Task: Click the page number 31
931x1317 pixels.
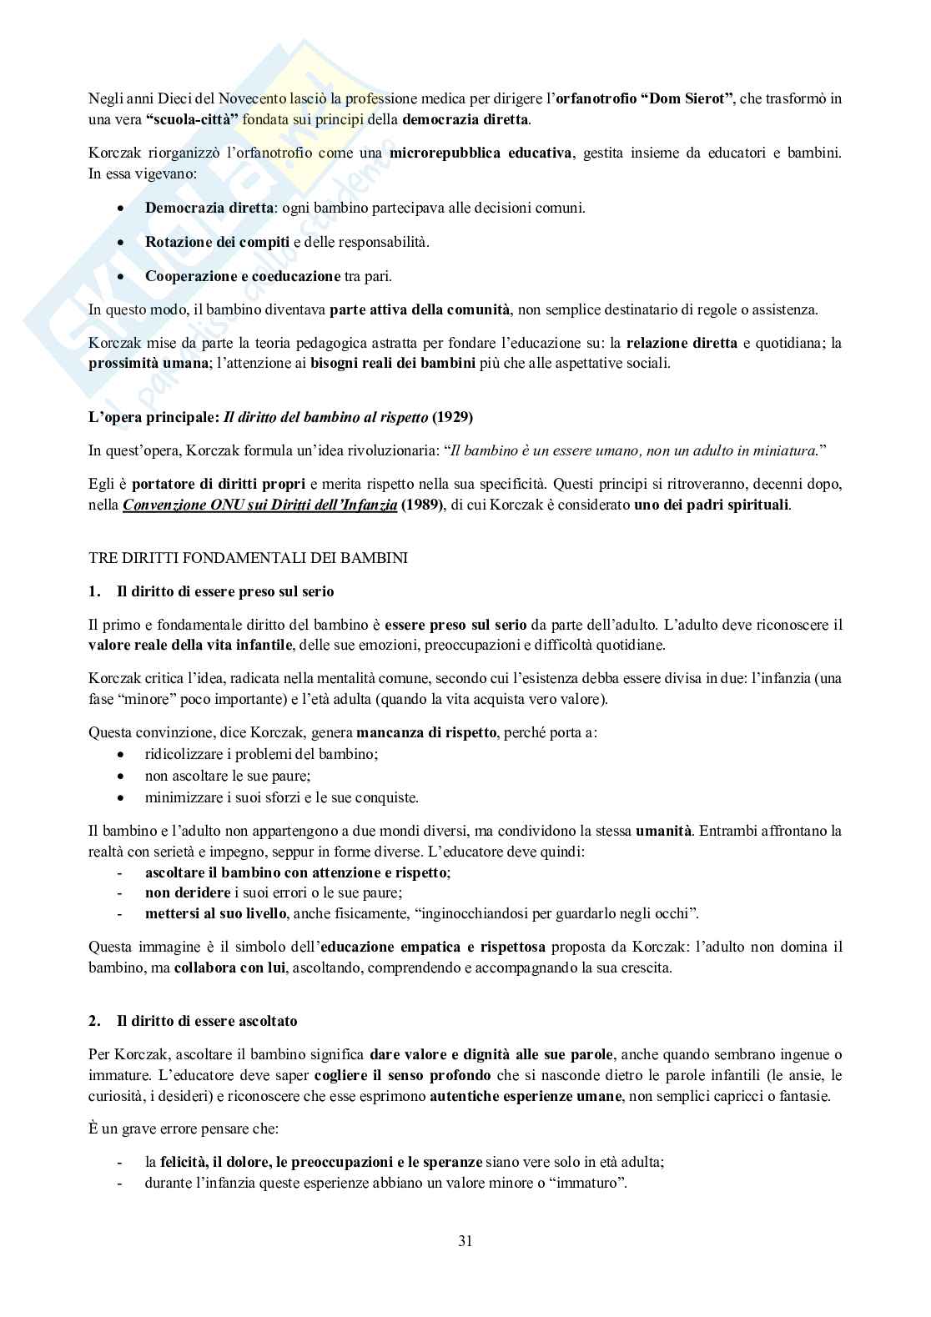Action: pyautogui.click(x=465, y=1240)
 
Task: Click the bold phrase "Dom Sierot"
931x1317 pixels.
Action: pyautogui.click(x=687, y=98)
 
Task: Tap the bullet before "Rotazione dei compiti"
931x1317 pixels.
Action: pyautogui.click(x=123, y=242)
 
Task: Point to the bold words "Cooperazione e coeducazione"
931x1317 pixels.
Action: pyautogui.click(x=243, y=276)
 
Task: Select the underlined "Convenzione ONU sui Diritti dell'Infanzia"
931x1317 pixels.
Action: pyautogui.click(x=259, y=505)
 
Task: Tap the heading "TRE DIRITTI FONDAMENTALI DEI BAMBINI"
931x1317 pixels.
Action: pyautogui.click(x=248, y=557)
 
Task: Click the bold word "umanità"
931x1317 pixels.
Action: pyautogui.click(x=663, y=831)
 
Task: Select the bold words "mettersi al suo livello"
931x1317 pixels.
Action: pyautogui.click(x=216, y=913)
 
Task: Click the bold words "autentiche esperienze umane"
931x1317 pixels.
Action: pyautogui.click(x=526, y=1096)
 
